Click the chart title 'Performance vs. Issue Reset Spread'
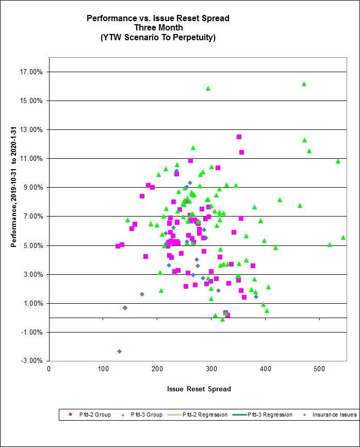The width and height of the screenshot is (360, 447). tap(158, 18)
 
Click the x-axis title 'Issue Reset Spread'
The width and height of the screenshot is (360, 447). tap(199, 389)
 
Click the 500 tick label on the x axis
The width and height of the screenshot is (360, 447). tap(319, 369)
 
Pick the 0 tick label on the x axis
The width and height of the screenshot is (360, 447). tap(48, 369)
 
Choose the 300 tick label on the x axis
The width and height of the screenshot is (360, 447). tap(211, 369)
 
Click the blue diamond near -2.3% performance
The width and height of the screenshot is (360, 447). tap(119, 352)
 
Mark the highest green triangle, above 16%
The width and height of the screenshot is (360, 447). tap(304, 84)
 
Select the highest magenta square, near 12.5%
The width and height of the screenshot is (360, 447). tap(239, 137)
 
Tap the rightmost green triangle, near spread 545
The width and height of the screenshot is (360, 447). tap(343, 237)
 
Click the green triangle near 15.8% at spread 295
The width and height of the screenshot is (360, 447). tap(208, 88)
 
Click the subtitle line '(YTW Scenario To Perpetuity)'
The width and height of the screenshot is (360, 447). tap(158, 37)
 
